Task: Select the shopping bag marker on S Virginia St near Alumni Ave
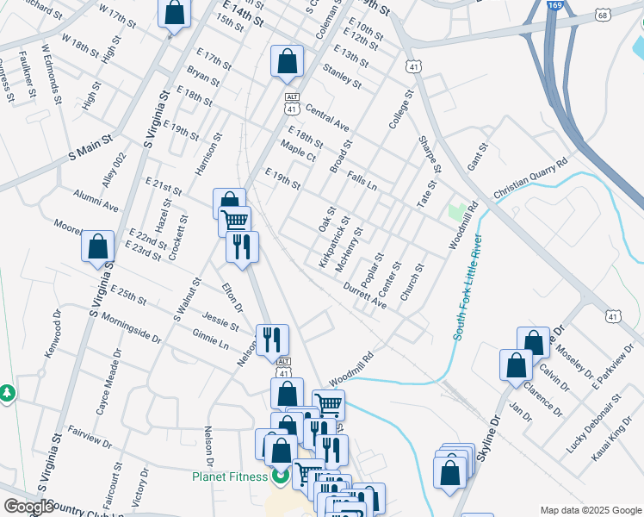(x=98, y=246)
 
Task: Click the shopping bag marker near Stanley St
(x=287, y=61)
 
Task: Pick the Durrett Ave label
(x=365, y=294)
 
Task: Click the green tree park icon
(x=8, y=393)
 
